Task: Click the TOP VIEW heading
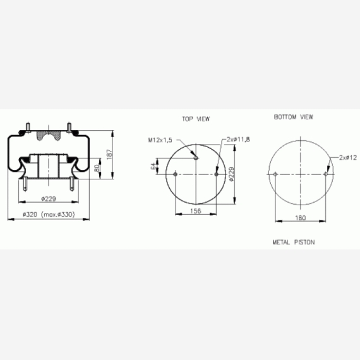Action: coord(196,119)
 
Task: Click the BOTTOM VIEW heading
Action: coord(294,117)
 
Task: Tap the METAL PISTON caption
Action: coord(294,243)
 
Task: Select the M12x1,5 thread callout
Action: coord(160,140)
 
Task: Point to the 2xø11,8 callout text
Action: coord(238,140)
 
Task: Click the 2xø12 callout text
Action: coord(348,157)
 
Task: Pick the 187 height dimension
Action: coord(109,153)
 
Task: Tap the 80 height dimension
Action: coord(97,168)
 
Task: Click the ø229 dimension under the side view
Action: coord(49,198)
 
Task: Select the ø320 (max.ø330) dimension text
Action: coord(49,215)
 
